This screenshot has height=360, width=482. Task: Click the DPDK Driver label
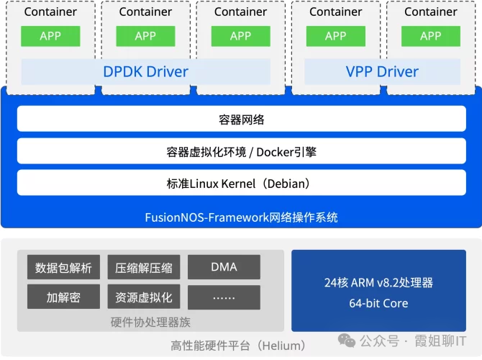[145, 71]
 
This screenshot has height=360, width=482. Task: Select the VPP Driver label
[382, 71]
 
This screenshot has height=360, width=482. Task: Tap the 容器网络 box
[241, 120]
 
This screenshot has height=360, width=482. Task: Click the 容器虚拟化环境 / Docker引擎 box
[241, 152]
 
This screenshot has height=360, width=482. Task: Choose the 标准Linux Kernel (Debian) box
[241, 184]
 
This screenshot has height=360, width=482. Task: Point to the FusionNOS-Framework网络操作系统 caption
[241, 217]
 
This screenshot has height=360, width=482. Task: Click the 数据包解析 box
[63, 268]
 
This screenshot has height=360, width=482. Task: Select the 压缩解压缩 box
[144, 268]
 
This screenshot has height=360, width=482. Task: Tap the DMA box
[224, 267]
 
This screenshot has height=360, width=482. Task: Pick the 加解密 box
[63, 297]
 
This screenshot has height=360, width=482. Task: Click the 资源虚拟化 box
[144, 297]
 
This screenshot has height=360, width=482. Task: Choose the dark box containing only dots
[224, 297]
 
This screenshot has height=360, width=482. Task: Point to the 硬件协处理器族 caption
[150, 322]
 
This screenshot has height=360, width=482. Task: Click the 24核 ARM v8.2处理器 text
[378, 282]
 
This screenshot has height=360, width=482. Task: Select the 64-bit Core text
[378, 303]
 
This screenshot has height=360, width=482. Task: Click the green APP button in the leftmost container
[50, 36]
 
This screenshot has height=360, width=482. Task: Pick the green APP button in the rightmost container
[431, 36]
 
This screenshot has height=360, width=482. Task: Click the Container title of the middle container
[240, 12]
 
